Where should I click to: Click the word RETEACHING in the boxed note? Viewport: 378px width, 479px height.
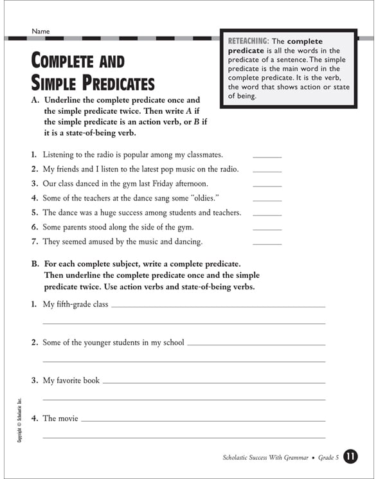pyautogui.click(x=249, y=41)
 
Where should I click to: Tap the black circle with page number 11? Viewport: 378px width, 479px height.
pyautogui.click(x=351, y=457)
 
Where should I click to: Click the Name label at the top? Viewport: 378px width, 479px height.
pyautogui.click(x=40, y=31)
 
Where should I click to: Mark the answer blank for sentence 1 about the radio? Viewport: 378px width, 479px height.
pyautogui.click(x=267, y=156)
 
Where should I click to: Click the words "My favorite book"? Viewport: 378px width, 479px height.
pyautogui.click(x=71, y=381)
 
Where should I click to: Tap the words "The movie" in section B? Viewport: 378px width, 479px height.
pyautogui.click(x=60, y=419)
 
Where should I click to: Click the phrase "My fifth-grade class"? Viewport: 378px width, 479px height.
pyautogui.click(x=75, y=304)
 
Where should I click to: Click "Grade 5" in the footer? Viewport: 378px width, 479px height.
pyautogui.click(x=327, y=457)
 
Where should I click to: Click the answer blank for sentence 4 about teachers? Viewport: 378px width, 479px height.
pyautogui.click(x=267, y=199)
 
